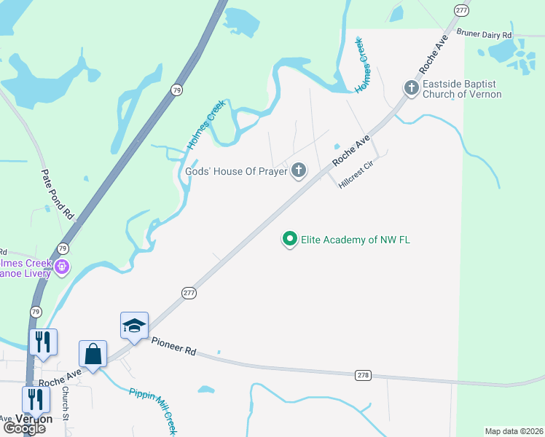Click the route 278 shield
point(364,374)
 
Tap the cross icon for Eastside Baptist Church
point(411,87)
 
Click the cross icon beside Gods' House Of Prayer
point(298,171)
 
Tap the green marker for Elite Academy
point(290,239)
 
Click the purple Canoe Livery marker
point(63,267)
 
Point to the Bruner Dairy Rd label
point(484,34)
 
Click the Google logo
point(24,428)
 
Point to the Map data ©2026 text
point(514,431)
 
